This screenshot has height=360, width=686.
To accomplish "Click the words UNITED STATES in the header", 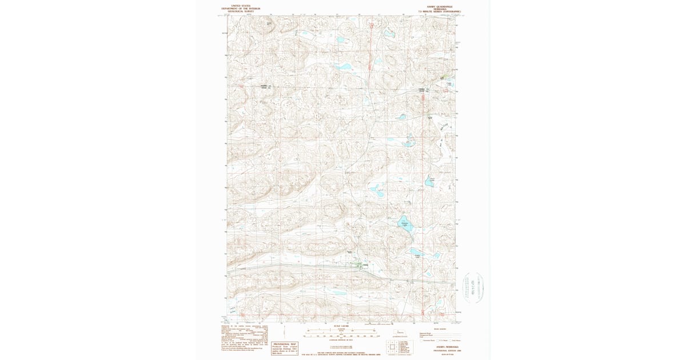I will pos(241,6).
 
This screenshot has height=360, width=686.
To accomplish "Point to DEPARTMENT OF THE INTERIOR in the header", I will pos(241,9).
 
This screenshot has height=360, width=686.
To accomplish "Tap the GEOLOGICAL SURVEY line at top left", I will pos(241,11).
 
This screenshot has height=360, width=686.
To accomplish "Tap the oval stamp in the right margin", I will pos(474,287).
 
